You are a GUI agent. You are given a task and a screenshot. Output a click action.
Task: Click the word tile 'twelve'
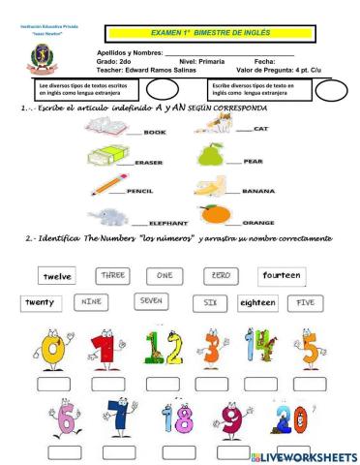pyautogui.click(x=52, y=276)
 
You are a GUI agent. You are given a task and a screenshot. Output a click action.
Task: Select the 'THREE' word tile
pyautogui.click(x=113, y=275)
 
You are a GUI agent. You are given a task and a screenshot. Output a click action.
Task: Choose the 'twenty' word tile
pyautogui.click(x=39, y=303)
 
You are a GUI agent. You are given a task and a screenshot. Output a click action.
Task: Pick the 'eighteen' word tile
pyautogui.click(x=257, y=303)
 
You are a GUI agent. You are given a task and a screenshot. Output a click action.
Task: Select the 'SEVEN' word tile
pyautogui.click(x=151, y=301)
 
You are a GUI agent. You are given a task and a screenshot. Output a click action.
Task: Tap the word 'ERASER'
pyautogui.click(x=148, y=162)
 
